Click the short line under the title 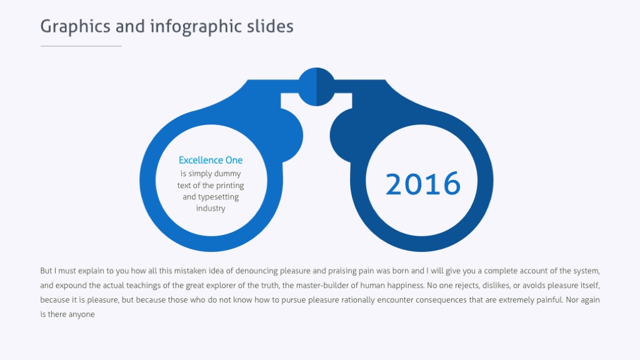pos(81,46)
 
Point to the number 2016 pos(423,184)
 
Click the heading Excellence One pos(211,160)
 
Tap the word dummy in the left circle pos(227,174)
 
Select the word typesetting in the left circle pos(219,197)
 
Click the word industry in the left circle pos(211,208)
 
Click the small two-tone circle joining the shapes pos(316,86)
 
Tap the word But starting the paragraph pos(46,271)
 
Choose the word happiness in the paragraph pos(402,286)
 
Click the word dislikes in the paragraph pos(497,286)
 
